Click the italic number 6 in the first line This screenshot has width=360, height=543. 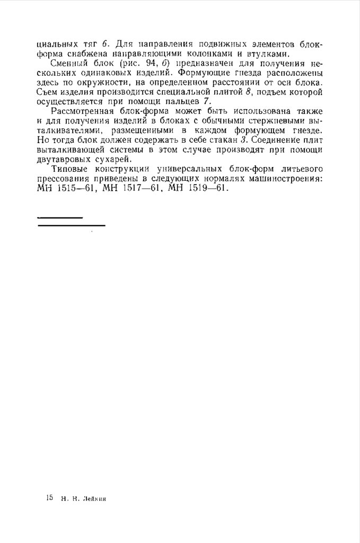tap(104, 43)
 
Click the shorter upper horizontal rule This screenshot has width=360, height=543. tap(60, 217)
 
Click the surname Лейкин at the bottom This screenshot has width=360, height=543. tap(95, 499)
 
